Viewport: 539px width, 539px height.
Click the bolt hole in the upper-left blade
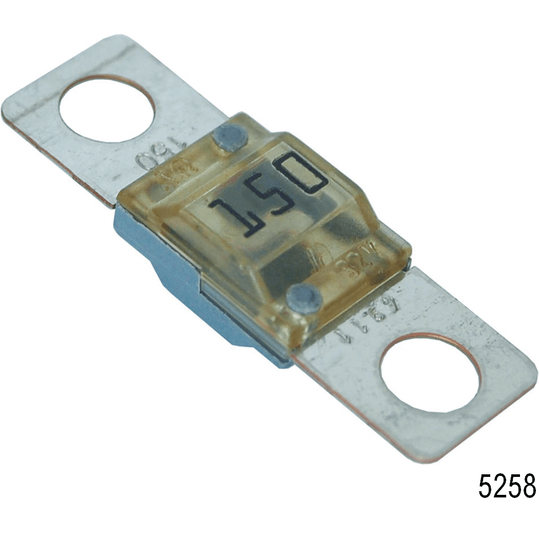coord(107,109)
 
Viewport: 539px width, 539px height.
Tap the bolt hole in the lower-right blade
coord(430,372)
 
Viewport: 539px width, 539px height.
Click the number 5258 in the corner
coord(507,486)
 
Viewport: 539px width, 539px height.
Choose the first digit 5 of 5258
coord(486,486)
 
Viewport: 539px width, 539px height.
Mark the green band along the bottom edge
coord(269,523)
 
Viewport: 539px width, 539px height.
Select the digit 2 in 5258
coord(500,486)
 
